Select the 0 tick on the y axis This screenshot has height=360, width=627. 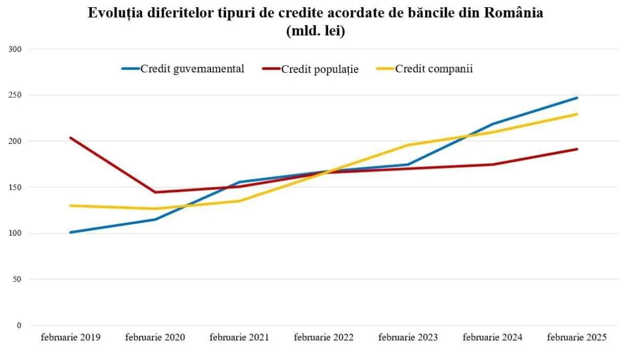coord(19,325)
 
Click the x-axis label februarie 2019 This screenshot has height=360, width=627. coord(71,338)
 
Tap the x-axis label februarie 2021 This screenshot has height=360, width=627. coord(239,338)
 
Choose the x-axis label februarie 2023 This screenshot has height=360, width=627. coord(408,338)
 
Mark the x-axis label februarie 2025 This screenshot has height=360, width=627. coord(577,338)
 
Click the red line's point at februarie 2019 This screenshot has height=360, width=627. coord(70,138)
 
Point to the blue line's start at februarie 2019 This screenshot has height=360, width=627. coord(70,233)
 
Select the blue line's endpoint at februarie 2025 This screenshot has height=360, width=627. coord(577,97)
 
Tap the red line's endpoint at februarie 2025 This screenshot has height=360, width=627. coord(577,149)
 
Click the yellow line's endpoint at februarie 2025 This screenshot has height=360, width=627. coord(577,114)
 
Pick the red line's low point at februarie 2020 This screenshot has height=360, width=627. coord(155,192)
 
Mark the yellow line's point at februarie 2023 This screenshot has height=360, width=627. coord(408,145)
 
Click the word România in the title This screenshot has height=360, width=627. coord(513,13)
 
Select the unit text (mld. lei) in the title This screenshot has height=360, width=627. coord(316,31)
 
